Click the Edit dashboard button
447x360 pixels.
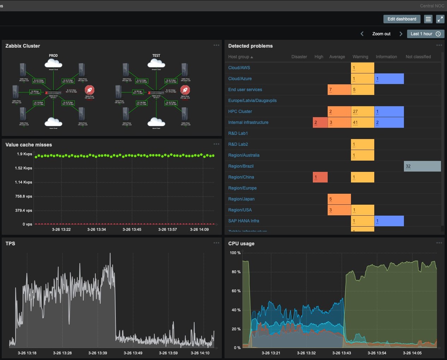(x=402, y=19)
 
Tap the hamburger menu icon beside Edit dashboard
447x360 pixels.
(x=428, y=19)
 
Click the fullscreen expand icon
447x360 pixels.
(x=440, y=19)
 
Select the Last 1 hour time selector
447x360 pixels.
(x=425, y=34)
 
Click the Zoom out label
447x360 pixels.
(x=381, y=34)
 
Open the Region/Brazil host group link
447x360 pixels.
(x=241, y=166)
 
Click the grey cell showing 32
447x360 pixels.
(x=422, y=166)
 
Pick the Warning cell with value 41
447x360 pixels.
(x=362, y=122)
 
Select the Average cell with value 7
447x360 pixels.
(x=339, y=90)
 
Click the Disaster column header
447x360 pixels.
(x=299, y=57)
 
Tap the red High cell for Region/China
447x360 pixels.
(x=320, y=177)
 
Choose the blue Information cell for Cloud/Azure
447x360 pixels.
(x=389, y=79)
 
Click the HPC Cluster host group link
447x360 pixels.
(x=240, y=112)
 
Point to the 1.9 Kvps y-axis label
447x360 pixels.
(x=24, y=154)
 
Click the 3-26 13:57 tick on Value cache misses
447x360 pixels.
(x=167, y=229)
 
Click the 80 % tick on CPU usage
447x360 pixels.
(x=236, y=272)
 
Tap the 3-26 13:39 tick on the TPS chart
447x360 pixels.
(x=97, y=353)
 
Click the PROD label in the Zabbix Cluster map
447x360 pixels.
(x=53, y=56)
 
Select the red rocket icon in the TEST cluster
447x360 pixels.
(x=185, y=90)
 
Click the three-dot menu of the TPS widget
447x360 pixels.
(x=216, y=243)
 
